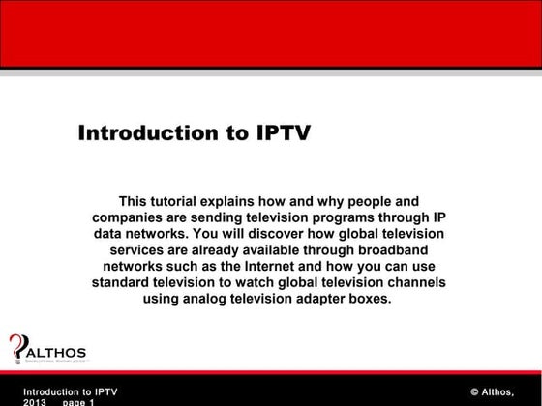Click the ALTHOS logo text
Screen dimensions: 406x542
pos(55,351)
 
